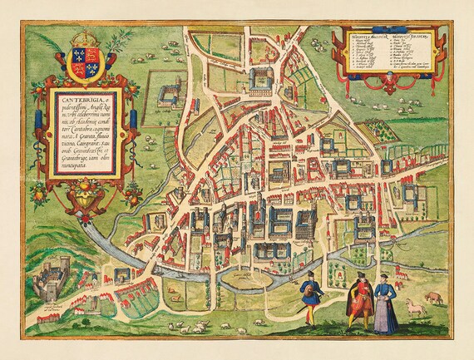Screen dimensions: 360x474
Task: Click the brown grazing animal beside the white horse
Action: [x=434, y=295]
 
